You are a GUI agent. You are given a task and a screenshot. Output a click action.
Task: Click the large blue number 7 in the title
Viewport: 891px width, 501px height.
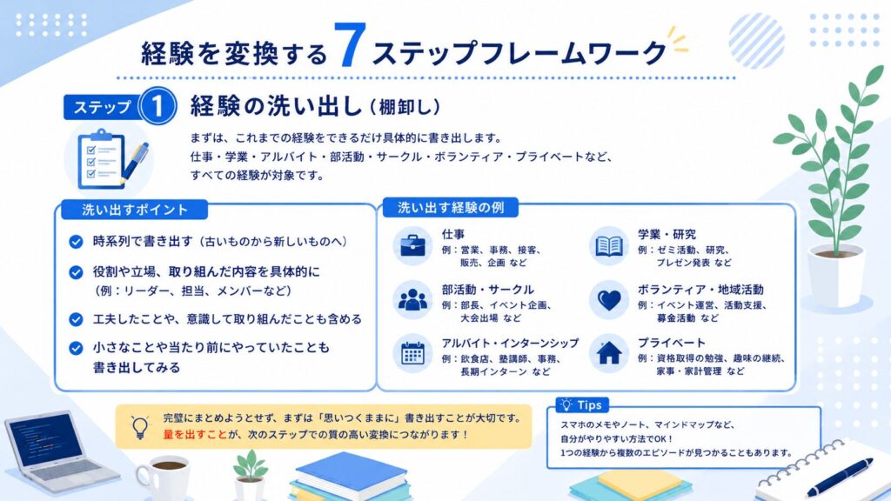350,46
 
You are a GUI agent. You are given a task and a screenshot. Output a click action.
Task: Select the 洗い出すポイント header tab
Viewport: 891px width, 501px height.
135,210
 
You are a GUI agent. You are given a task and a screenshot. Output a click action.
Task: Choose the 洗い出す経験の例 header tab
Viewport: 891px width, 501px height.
450,208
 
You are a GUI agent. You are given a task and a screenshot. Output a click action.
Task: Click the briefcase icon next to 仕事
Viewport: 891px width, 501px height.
412,246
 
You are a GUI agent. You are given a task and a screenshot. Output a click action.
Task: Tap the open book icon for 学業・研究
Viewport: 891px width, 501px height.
608,246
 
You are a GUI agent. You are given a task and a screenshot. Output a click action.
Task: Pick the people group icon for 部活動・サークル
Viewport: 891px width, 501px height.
412,299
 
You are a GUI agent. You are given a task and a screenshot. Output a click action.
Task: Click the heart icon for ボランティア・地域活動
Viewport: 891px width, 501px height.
608,300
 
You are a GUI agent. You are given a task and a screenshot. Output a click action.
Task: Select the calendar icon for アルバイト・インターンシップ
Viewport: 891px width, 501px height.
412,353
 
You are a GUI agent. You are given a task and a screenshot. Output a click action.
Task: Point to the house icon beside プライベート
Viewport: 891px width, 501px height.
608,353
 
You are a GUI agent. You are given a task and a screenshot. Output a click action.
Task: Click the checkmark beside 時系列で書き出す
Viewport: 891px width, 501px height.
76,242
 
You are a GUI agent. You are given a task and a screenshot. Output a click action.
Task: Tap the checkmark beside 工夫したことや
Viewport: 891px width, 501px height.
76,319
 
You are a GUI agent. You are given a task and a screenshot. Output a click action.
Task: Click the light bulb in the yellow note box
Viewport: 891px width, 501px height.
140,427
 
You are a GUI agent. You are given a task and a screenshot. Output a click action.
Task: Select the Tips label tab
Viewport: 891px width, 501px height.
582,405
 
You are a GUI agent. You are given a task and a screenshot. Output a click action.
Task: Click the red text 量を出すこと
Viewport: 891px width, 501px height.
195,435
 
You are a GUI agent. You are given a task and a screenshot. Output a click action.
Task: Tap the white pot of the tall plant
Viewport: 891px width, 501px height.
835,277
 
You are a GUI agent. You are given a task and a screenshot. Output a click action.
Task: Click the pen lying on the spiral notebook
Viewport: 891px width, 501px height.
840,477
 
